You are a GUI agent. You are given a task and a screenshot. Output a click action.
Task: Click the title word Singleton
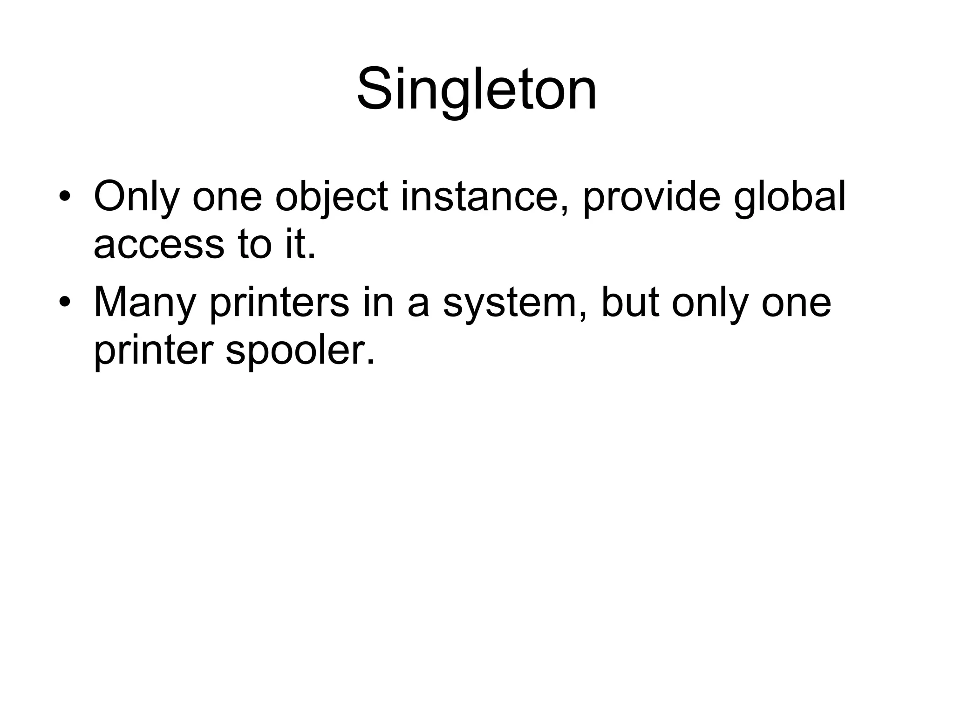coord(477,89)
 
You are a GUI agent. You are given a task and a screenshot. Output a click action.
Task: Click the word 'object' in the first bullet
coord(332,197)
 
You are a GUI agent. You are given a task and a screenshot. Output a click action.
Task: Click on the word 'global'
coord(790,197)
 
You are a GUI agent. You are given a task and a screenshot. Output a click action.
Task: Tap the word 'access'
coord(159,245)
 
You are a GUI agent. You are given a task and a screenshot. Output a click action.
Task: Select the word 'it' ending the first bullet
coord(299,245)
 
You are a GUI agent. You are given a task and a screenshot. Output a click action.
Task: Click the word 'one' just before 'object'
coord(227,197)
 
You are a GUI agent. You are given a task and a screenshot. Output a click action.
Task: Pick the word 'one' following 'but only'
coord(796,303)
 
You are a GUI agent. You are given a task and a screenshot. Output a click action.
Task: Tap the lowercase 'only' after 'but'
coord(710,303)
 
